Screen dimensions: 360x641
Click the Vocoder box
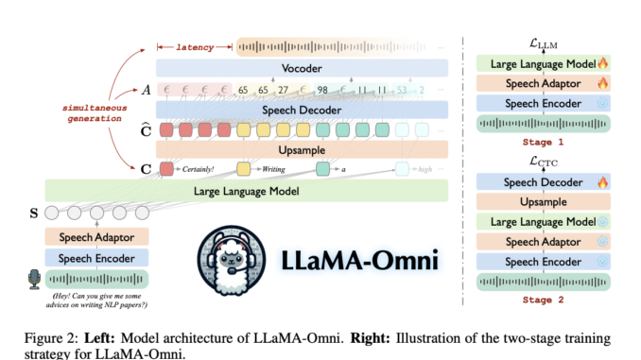302,68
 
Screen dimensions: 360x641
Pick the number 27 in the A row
283,90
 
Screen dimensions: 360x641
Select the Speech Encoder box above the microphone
95,258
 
